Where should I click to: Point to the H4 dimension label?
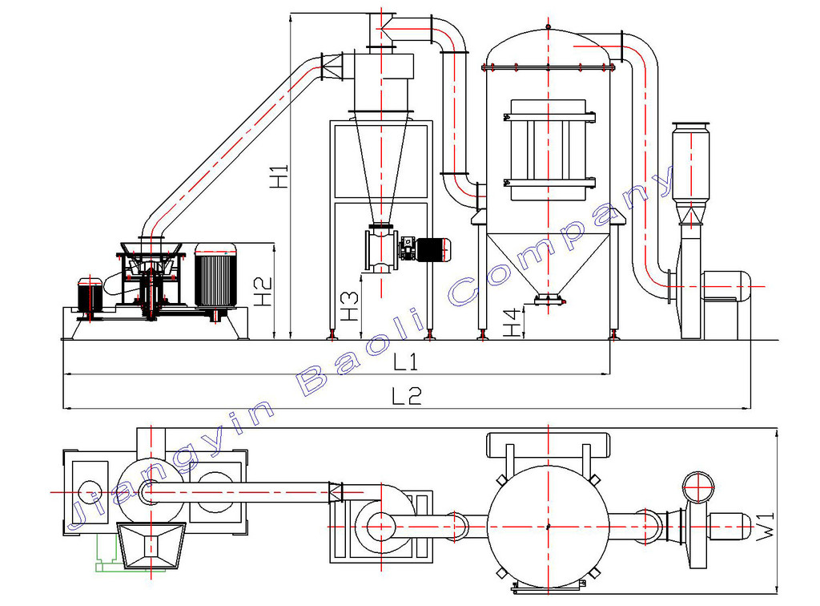(x=513, y=322)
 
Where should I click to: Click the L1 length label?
(x=406, y=362)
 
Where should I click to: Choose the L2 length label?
(x=407, y=396)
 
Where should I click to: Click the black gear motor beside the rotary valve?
(x=425, y=249)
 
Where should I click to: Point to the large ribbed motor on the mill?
(x=215, y=277)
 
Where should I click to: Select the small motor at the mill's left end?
(x=90, y=297)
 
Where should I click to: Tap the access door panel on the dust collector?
(x=548, y=151)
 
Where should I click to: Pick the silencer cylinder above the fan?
(x=691, y=164)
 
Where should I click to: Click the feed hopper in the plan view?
(x=151, y=546)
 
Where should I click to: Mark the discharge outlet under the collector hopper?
(x=549, y=300)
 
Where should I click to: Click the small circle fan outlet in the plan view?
(x=698, y=487)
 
